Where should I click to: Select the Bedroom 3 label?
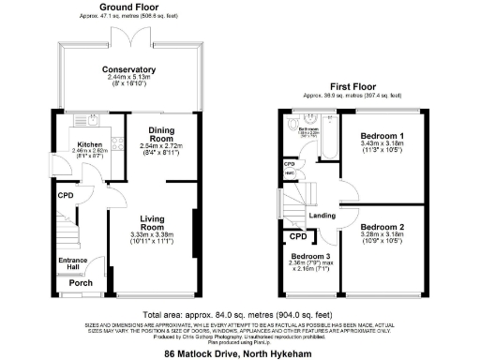tap(308, 257)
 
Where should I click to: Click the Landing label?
tap(322, 216)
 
